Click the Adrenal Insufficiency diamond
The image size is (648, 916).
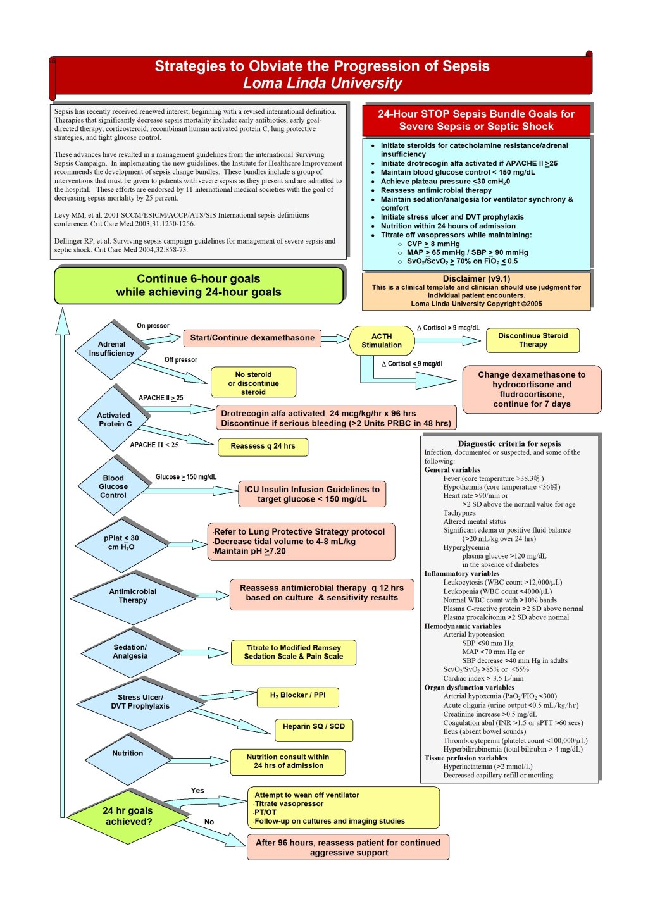(x=112, y=349)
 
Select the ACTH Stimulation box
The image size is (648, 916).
(x=382, y=341)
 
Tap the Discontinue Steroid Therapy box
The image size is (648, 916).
(x=533, y=340)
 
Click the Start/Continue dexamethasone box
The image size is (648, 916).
(x=252, y=338)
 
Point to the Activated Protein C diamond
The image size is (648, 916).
(x=114, y=419)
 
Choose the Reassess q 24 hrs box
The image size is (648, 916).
(x=263, y=447)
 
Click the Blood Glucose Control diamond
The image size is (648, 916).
(x=113, y=486)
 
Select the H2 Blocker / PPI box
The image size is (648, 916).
(x=298, y=696)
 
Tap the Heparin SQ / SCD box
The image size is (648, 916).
(x=314, y=727)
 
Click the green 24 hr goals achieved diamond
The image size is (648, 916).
(x=128, y=817)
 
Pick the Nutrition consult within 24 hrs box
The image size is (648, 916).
(x=288, y=762)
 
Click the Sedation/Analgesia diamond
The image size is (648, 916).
(x=130, y=652)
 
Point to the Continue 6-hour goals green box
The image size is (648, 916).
(x=199, y=285)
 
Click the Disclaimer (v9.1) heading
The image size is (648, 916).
(x=476, y=278)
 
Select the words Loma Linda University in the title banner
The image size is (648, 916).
(x=322, y=84)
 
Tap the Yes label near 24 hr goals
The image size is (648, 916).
(x=197, y=791)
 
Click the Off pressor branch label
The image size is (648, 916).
(x=181, y=360)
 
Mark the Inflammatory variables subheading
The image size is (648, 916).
(x=461, y=574)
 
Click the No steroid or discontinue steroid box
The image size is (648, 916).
(x=253, y=383)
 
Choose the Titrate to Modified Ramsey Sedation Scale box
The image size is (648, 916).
(x=294, y=652)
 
